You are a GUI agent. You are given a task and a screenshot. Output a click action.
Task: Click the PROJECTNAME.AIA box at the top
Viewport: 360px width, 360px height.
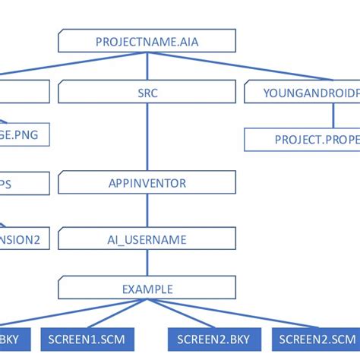pyautogui.click(x=147, y=41)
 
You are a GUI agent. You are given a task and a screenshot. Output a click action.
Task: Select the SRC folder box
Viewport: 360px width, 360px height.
pyautogui.click(x=147, y=93)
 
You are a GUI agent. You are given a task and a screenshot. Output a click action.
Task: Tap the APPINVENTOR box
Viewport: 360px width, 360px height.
pyautogui.click(x=147, y=183)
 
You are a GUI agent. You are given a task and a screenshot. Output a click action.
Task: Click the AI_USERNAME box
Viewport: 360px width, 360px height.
pyautogui.click(x=147, y=239)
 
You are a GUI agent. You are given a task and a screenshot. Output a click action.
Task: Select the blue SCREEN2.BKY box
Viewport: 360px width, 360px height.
pyautogui.click(x=214, y=338)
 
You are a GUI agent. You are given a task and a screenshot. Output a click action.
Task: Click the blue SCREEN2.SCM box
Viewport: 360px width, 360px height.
pyautogui.click(x=317, y=338)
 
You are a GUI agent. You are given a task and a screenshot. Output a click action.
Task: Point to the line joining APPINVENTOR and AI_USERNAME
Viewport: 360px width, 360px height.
pyautogui.click(x=147, y=211)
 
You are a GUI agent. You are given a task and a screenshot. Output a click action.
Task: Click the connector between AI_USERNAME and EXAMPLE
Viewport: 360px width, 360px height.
pyautogui.click(x=147, y=264)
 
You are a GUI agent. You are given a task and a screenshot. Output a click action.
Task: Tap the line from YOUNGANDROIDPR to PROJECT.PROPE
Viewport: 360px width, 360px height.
pyautogui.click(x=333, y=115)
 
